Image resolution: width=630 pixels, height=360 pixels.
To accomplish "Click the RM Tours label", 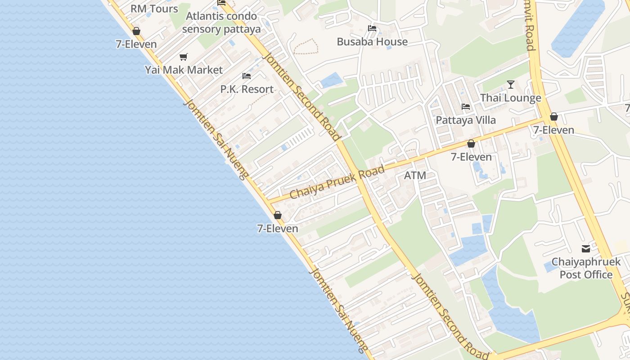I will (154, 9).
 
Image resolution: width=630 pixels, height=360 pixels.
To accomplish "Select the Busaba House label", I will (372, 42).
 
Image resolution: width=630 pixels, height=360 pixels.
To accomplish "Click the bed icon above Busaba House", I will (372, 28).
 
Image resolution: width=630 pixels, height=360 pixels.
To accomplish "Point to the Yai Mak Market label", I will (184, 70).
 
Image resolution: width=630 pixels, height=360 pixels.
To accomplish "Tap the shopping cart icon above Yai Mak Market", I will (183, 57).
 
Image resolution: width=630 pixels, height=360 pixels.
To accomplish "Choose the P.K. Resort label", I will (247, 89).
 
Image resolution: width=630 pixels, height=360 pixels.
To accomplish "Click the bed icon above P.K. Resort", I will (247, 76).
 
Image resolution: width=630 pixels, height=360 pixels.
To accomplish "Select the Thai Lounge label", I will (510, 98).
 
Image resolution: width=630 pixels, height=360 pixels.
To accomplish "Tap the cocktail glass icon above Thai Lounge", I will (510, 84).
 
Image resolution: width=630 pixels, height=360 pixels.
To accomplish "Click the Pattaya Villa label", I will (466, 120).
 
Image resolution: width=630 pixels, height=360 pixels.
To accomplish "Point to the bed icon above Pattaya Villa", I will (466, 107).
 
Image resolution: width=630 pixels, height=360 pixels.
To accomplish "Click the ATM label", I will (415, 175).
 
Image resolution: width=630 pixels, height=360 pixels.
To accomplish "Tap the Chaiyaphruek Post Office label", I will (586, 268).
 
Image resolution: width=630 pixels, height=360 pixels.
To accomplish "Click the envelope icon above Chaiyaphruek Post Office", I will (586, 248).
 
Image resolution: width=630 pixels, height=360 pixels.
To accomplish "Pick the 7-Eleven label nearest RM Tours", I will (136, 44).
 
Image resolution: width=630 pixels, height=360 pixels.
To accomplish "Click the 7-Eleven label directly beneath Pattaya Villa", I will (471, 157).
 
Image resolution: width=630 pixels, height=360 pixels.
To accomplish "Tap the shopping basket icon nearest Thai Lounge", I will (554, 117).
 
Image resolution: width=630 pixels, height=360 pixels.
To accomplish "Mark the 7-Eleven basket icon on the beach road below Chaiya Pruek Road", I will (278, 215).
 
